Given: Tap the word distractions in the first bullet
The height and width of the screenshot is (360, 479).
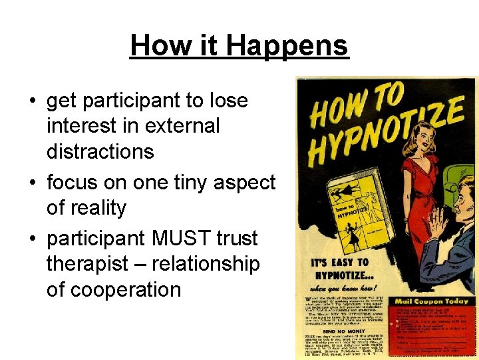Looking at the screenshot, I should pos(100,151).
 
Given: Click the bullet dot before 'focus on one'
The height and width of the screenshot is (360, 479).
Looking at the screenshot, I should pos(32,183).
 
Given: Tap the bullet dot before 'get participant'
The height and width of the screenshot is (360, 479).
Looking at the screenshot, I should pos(32,101).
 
